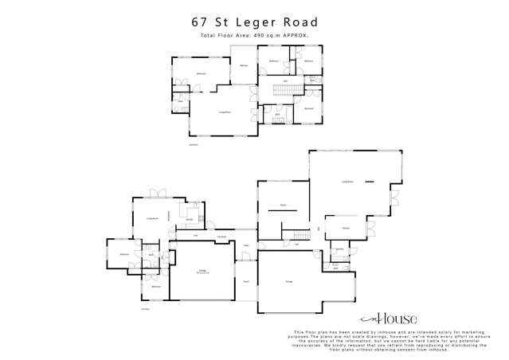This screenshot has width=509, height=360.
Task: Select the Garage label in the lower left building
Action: [203, 272]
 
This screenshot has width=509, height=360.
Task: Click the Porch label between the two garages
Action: [246, 281]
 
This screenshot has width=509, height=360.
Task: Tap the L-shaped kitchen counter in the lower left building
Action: [192, 213]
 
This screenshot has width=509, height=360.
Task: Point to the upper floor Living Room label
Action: [225, 112]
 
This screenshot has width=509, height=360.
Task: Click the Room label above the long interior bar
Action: [283, 205]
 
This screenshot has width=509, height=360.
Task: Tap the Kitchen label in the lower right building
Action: [347, 228]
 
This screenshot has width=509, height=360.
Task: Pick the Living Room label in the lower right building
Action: [348, 182]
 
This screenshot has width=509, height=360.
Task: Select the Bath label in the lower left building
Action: [151, 256]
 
